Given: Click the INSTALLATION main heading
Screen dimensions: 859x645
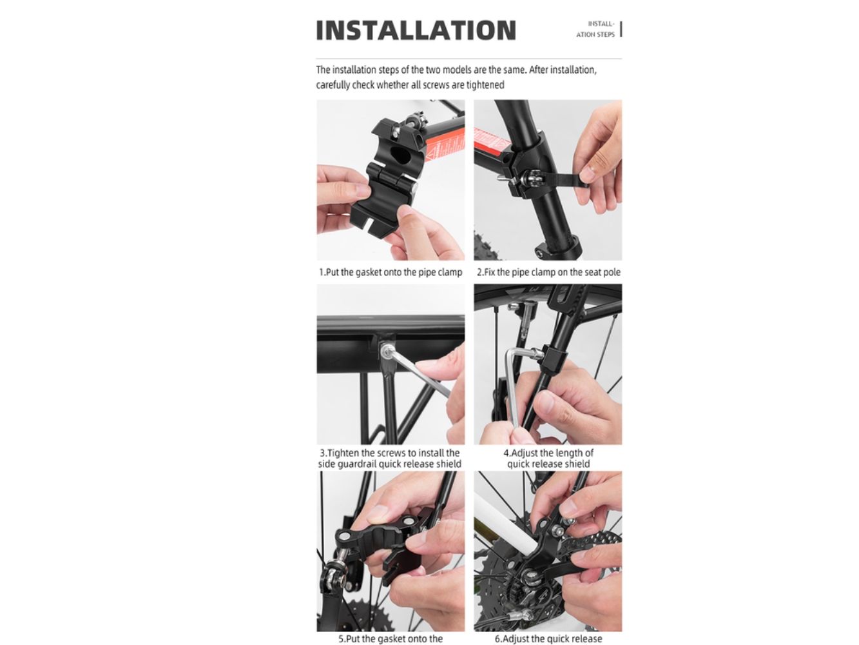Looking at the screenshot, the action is (416, 30).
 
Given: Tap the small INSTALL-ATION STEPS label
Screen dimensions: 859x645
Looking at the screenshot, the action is (595, 30).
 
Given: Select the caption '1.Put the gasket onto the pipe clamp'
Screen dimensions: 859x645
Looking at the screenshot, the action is (391, 272).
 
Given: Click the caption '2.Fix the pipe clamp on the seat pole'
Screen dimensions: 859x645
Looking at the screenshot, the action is (548, 272).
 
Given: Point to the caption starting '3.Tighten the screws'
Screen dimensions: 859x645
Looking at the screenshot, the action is (390, 459).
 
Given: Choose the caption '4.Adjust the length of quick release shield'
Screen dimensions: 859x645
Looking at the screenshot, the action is (548, 459).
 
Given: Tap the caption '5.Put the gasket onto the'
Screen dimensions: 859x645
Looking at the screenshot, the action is (391, 639).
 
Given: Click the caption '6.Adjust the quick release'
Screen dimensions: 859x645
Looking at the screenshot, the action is (548, 639).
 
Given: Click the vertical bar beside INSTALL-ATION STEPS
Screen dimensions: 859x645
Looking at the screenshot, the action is (621, 30).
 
